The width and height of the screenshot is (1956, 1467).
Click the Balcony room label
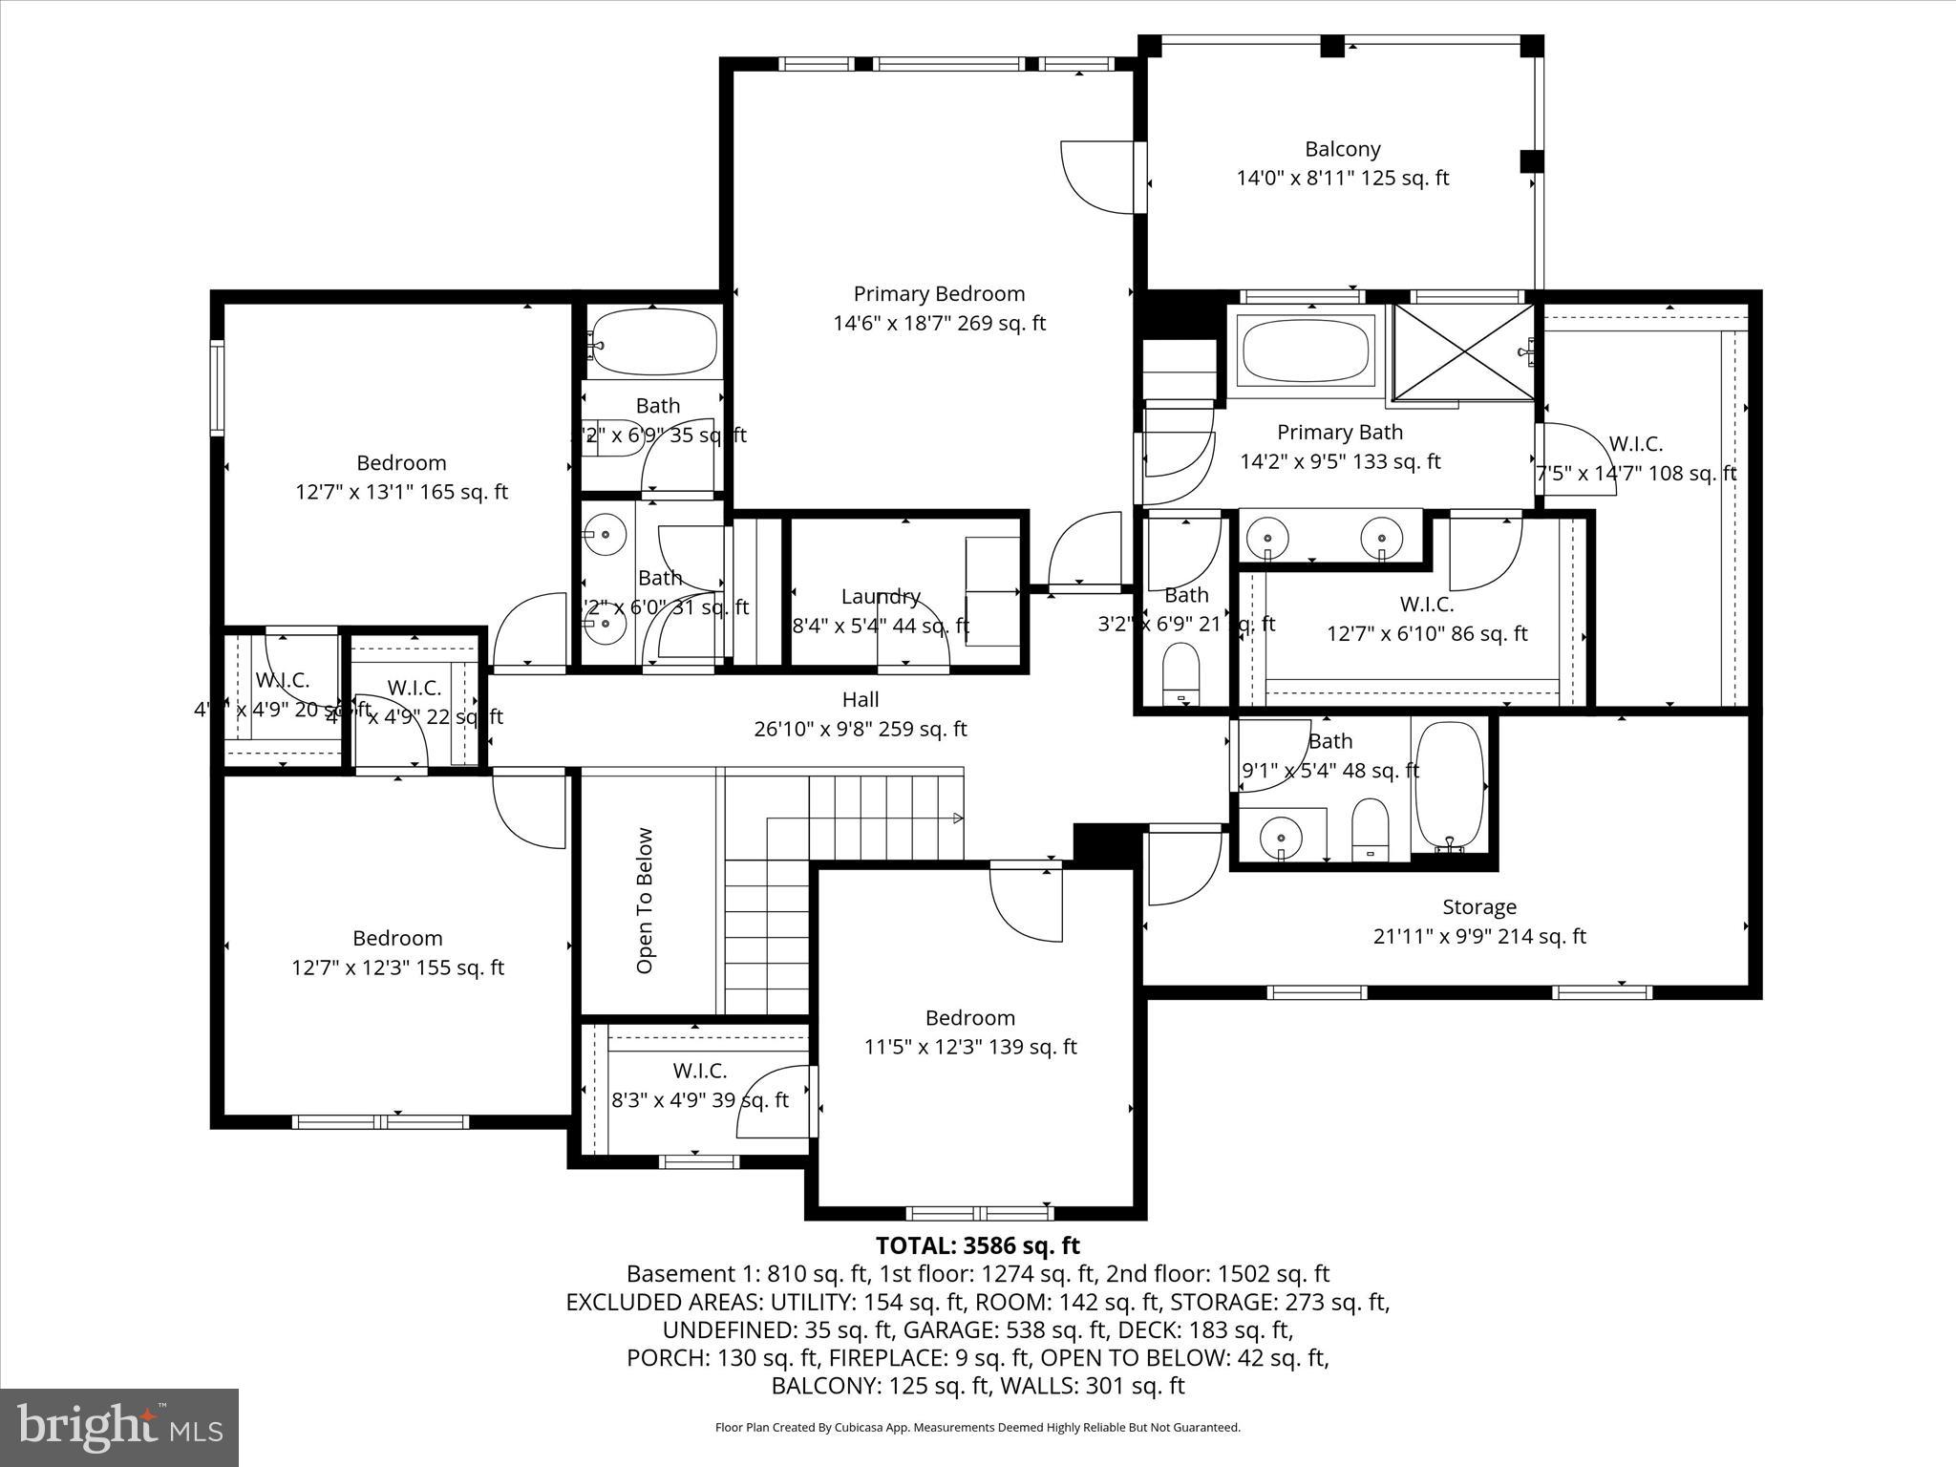point(1342,149)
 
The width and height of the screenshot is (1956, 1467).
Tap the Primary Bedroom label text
point(939,294)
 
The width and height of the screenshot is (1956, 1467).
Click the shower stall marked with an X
point(1463,351)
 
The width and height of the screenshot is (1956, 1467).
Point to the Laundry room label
point(880,597)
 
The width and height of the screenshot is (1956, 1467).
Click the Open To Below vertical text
point(645,900)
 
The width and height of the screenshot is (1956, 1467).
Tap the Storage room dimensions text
point(1478,936)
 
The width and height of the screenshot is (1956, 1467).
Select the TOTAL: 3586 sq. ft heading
point(977,1245)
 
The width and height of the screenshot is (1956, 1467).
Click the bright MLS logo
point(119,1428)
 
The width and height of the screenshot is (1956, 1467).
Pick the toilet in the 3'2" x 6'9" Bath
point(1181,672)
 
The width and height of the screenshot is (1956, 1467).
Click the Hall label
point(860,700)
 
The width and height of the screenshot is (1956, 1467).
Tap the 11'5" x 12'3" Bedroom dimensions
point(969,1047)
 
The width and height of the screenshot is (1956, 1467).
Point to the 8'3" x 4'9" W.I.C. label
point(699,1071)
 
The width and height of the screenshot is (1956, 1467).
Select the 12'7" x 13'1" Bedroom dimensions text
point(401,492)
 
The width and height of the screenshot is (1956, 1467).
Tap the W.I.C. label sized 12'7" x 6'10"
point(1426,605)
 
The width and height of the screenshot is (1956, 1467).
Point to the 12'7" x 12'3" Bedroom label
point(397,938)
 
